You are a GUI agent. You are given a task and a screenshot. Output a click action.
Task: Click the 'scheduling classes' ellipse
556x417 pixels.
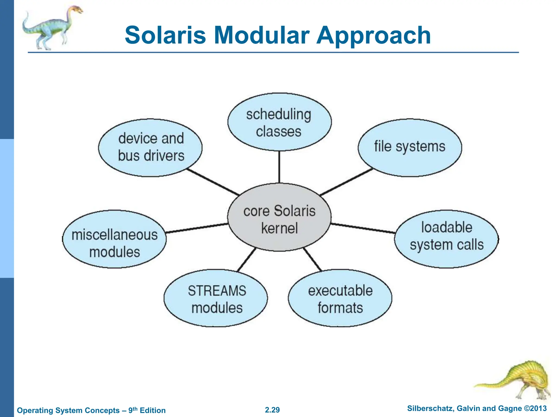coord(279,122)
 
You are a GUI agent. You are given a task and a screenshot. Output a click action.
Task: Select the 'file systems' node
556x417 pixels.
coord(410,147)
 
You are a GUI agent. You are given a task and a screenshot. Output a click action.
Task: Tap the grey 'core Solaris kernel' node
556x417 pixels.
coord(279,217)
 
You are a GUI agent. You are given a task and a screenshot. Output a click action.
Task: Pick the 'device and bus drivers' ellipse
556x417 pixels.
coord(150,147)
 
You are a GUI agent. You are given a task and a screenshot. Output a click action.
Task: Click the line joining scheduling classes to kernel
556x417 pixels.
coord(279,167)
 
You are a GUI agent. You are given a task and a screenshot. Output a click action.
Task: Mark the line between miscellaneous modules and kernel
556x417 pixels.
coord(197,228)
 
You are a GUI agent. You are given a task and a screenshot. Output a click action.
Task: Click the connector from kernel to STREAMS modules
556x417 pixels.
coord(247,260)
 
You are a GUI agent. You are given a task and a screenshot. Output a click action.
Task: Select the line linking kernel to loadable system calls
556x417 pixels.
coord(363,228)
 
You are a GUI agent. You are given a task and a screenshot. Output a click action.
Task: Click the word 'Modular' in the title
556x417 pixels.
coord(262,35)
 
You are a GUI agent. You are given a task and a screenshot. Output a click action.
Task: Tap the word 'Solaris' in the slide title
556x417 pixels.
coord(165,35)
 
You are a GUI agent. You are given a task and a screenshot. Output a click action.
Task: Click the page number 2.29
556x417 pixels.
coord(272,410)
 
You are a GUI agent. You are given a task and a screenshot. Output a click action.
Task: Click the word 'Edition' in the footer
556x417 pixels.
coord(153,410)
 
